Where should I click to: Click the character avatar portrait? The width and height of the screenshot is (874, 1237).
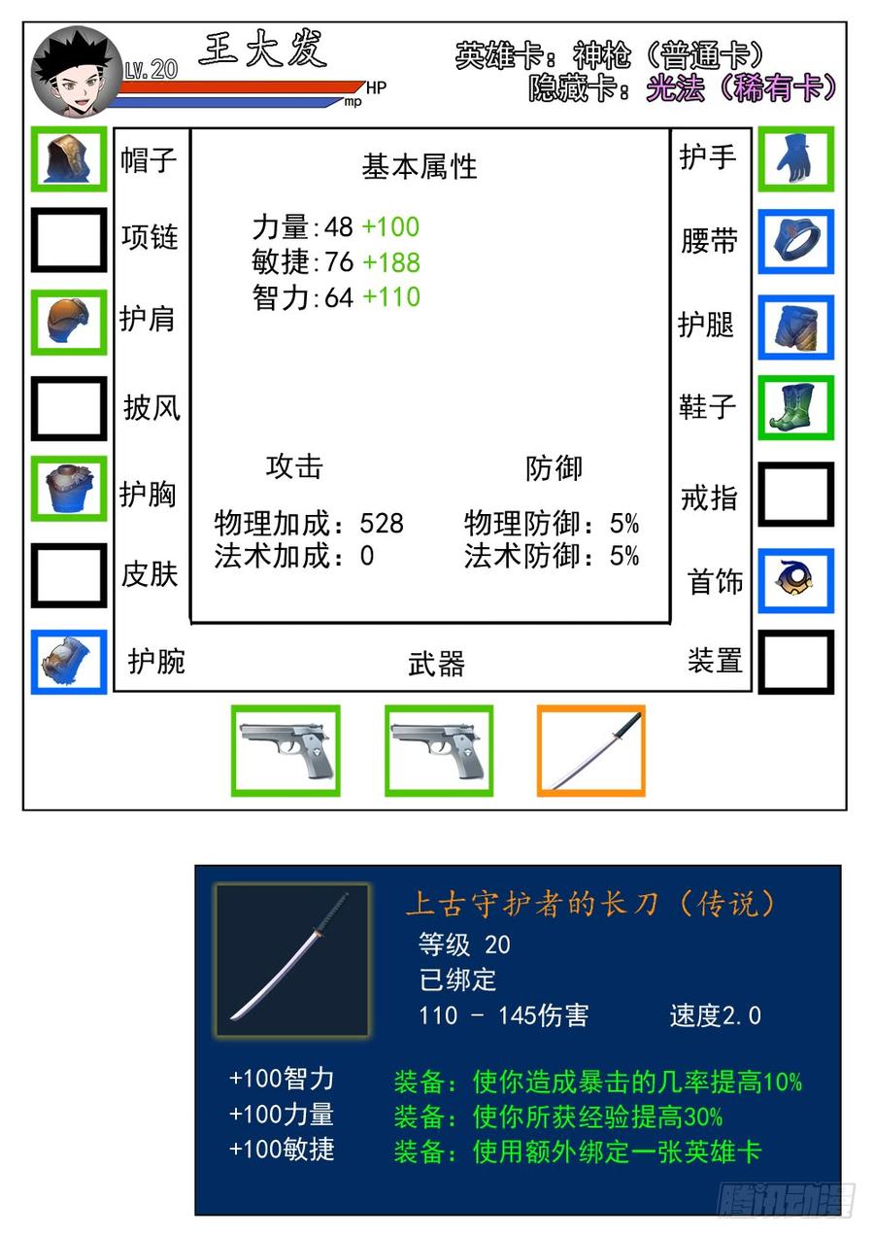point(76,72)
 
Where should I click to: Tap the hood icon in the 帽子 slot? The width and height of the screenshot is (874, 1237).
point(68,159)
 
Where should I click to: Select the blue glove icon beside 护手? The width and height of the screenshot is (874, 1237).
point(795,159)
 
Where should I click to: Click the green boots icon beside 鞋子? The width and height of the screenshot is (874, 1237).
point(795,408)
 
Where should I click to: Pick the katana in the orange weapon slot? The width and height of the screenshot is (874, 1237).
point(591,750)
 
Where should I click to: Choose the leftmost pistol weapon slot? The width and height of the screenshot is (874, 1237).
point(286,750)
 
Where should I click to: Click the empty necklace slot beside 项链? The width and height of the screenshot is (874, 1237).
point(68,240)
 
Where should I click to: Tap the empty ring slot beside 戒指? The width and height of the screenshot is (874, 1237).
point(795,495)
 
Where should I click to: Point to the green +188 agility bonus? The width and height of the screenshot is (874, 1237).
point(391,261)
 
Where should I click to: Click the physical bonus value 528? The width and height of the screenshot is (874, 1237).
point(382,523)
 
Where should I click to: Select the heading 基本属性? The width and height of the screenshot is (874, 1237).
point(420,166)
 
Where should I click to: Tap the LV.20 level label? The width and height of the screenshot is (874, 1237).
point(151,70)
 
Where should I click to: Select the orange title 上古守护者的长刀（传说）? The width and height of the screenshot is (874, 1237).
point(590,905)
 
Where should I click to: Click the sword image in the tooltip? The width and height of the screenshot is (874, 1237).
point(292,959)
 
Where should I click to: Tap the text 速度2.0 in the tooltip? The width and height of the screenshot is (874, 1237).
point(716,1015)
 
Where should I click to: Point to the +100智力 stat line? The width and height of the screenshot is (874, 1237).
point(282,1079)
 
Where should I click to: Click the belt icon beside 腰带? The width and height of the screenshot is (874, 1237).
point(795,241)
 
